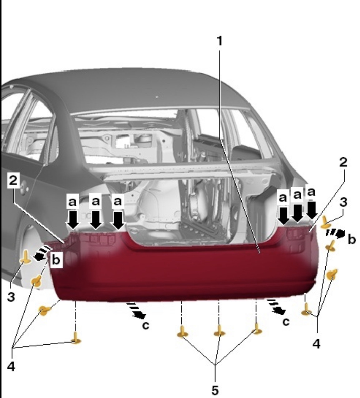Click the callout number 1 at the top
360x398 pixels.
(219, 41)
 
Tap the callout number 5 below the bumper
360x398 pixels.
(215, 390)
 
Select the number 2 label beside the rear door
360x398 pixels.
(13, 181)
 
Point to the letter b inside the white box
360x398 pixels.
(56, 260)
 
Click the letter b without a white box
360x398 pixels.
(352, 239)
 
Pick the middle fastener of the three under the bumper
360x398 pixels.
(219, 332)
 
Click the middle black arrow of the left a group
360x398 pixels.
(96, 220)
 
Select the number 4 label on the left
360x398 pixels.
(11, 366)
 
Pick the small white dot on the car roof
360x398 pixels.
(157, 97)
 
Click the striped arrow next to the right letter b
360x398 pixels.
(335, 233)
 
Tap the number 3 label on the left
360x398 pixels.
(11, 297)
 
